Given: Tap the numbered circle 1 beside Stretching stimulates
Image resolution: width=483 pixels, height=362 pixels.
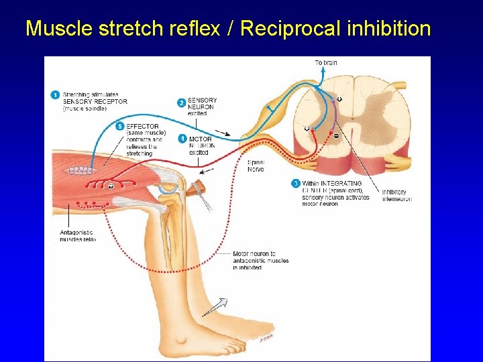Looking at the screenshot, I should (55, 95).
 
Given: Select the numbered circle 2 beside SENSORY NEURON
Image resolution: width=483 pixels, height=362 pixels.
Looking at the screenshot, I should (181, 103).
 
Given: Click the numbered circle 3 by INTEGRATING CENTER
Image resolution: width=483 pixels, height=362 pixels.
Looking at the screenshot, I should (296, 183).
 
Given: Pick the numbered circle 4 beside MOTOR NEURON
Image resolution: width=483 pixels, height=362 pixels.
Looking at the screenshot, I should (182, 139).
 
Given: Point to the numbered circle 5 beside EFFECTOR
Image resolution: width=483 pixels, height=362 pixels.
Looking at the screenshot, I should (120, 126).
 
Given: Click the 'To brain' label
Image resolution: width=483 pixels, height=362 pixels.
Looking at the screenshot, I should (326, 63).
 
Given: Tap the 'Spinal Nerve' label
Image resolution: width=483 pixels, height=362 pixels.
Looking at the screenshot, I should (256, 166).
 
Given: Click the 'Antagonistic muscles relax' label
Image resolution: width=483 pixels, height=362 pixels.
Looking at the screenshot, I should (78, 236).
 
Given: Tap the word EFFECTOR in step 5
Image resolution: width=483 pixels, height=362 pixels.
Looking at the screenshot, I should (142, 126).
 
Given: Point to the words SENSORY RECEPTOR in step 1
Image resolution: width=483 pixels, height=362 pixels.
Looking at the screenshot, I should (95, 102).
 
